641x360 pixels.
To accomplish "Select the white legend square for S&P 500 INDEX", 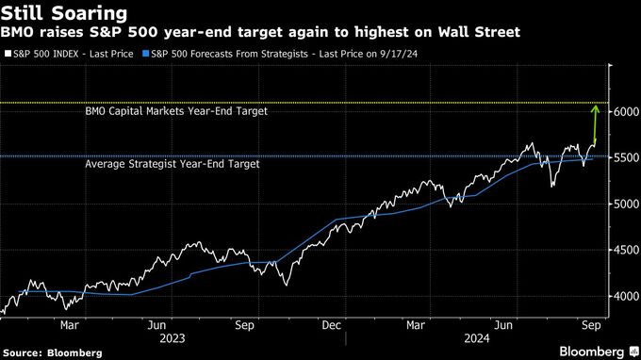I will click(8, 53).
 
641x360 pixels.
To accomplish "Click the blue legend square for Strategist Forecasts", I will click(143, 53).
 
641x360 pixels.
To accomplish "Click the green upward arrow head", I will click(595, 109).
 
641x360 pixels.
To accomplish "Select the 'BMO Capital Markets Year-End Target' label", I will click(176, 111).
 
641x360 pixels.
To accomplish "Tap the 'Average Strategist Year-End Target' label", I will click(172, 164).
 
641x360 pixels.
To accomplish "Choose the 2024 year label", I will click(477, 336).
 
